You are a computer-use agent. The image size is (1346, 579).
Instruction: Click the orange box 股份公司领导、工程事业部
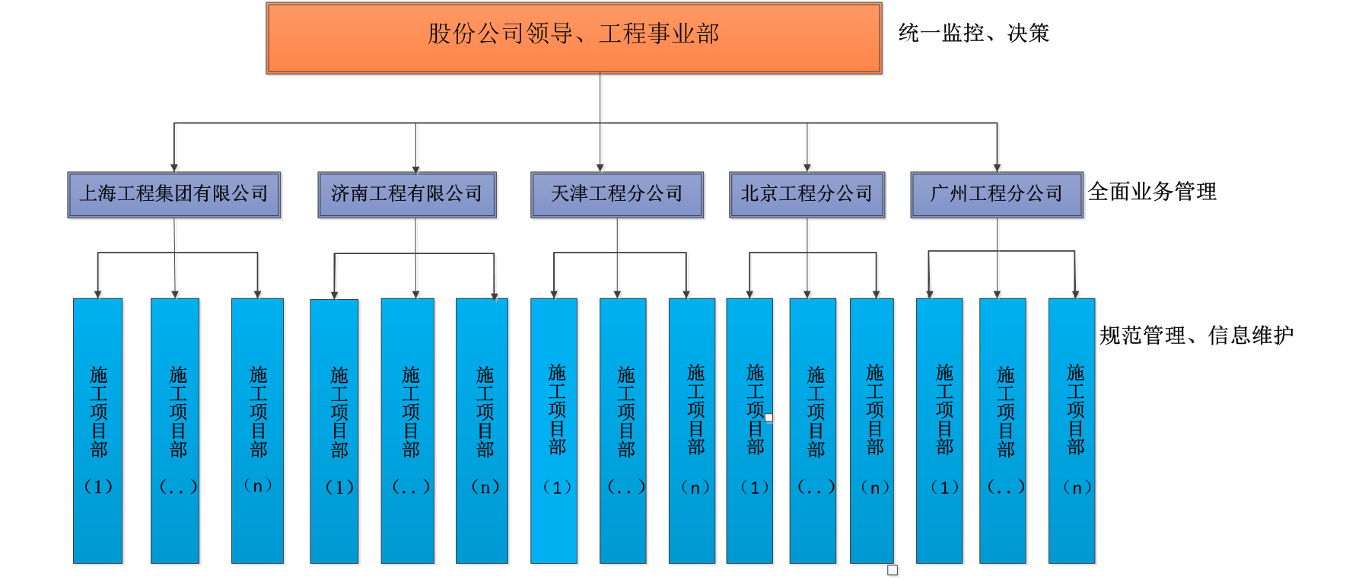[574, 38]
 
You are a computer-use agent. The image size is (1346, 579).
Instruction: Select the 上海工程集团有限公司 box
[175, 196]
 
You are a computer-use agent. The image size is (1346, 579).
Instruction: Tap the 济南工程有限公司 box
[408, 196]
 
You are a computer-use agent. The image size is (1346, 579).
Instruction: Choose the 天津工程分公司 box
[618, 196]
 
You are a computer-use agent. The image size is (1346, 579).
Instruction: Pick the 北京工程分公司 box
[808, 196]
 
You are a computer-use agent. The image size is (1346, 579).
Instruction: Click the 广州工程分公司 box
[998, 196]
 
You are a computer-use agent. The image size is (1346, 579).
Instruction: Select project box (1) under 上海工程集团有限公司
[99, 431]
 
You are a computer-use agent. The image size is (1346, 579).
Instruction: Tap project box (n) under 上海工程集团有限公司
[259, 431]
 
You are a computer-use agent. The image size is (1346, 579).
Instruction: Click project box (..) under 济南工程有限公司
[409, 431]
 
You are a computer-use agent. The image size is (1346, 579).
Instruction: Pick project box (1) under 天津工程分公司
[555, 431]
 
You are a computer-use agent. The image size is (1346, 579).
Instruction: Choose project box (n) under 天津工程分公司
[692, 431]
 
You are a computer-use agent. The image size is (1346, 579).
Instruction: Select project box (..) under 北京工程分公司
[813, 431]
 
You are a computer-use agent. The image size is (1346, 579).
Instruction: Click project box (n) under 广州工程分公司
[1073, 431]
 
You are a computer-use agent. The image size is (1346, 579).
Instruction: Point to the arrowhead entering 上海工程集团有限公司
[175, 168]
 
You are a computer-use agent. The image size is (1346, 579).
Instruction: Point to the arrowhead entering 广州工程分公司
[998, 168]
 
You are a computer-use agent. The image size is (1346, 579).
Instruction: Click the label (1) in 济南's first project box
[339, 487]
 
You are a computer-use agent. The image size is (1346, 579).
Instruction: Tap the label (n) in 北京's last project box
[875, 488]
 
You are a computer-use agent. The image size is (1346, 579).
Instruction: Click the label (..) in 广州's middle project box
[1006, 488]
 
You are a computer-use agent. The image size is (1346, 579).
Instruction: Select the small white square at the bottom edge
[893, 571]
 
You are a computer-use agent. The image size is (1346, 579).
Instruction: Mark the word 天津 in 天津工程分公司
[569, 194]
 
